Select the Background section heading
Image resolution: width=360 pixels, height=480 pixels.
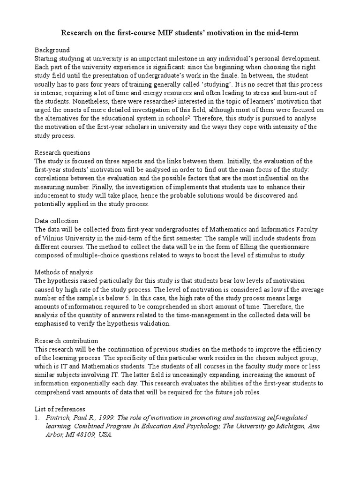tap(52, 50)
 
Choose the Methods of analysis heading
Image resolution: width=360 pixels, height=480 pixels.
tap(64, 272)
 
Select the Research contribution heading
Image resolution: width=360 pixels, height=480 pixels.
tap(67, 341)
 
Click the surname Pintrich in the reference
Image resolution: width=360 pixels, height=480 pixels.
tap(60, 418)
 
